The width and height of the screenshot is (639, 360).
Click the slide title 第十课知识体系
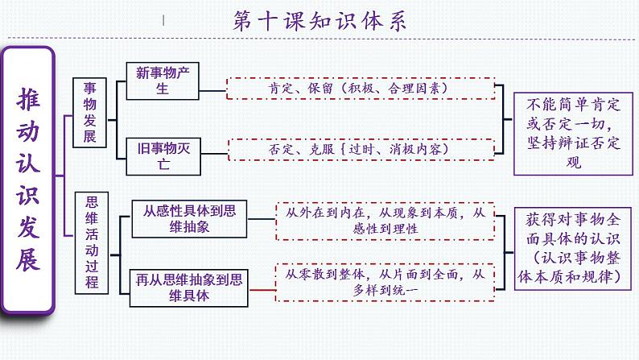[319, 20]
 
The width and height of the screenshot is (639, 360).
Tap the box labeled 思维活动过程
[89, 234]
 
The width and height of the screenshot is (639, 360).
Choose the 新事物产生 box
[162, 81]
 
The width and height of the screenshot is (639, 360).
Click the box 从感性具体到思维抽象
[189, 218]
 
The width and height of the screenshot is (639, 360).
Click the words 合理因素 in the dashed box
[418, 86]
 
